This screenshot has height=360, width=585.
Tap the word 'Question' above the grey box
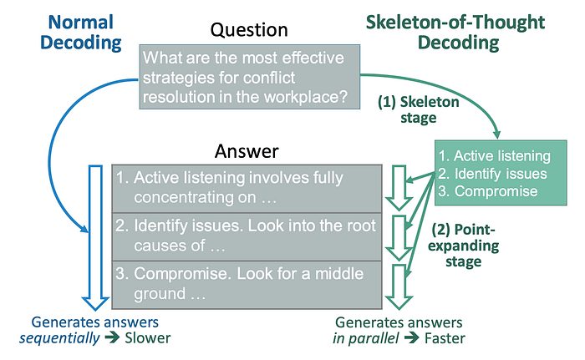coord(249,31)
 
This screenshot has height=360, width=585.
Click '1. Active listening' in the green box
coord(496,155)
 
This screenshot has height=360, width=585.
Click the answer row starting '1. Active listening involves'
coord(248,188)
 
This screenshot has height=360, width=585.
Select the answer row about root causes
coord(248,236)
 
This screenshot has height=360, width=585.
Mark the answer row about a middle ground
coord(248,283)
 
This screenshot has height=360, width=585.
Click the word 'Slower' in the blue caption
coord(149,338)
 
